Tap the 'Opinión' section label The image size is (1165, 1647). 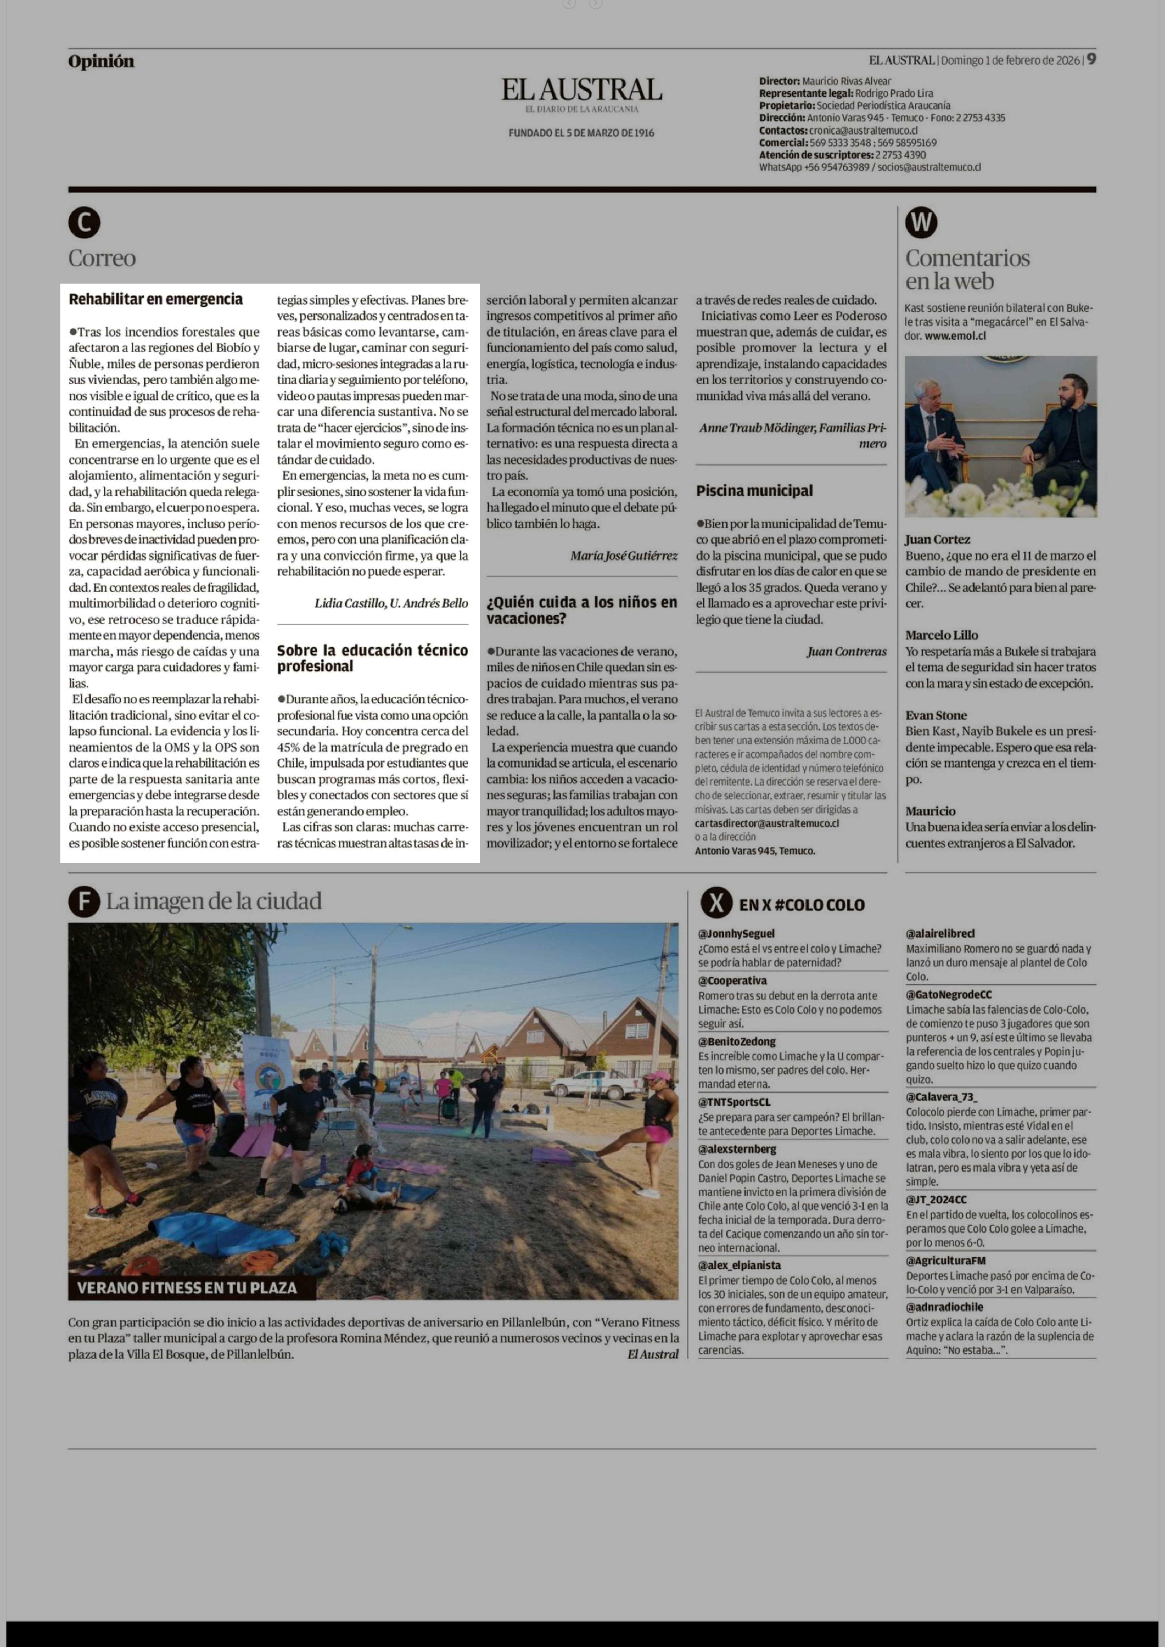click(101, 62)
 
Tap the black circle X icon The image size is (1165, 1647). click(716, 903)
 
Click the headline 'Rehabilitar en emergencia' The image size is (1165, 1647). click(156, 299)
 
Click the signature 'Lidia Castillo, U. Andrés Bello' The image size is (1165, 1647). click(391, 603)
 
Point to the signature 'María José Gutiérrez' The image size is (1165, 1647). click(623, 555)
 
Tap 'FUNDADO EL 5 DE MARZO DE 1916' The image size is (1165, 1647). click(581, 133)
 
